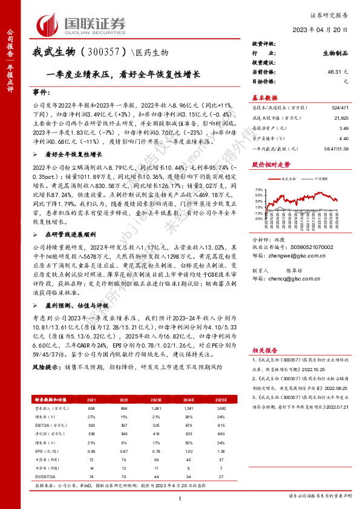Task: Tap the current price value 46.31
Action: [x=331, y=71]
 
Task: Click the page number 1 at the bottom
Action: [x=180, y=497]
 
